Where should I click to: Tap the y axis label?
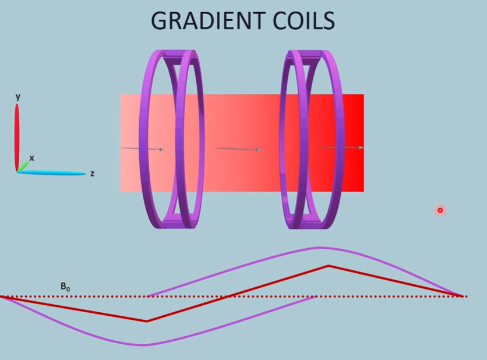(x=18, y=97)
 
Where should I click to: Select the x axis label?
(x=31, y=158)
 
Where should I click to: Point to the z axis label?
(x=92, y=174)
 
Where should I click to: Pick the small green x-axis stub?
(x=23, y=167)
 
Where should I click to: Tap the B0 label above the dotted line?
(x=65, y=286)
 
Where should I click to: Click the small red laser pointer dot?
(x=440, y=210)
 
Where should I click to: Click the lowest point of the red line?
(x=146, y=320)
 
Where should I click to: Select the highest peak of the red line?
(x=329, y=266)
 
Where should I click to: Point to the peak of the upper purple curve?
(x=319, y=248)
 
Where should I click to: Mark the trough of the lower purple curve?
(x=143, y=345)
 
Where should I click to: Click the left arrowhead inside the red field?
(x=161, y=150)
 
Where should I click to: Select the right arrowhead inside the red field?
(x=361, y=148)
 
